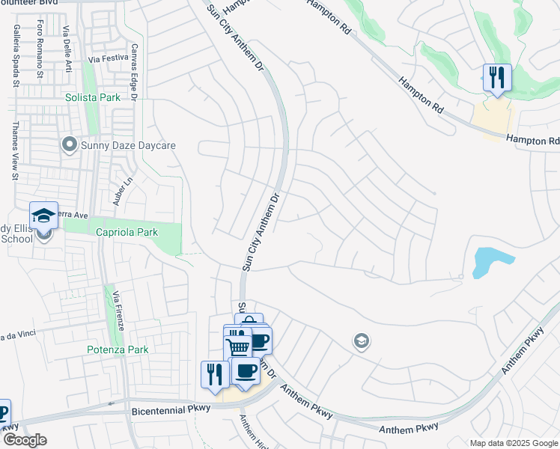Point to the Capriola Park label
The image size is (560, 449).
pyautogui.click(x=127, y=232)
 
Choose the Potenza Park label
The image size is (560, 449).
pyautogui.click(x=116, y=349)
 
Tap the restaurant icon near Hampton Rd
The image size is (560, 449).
pyautogui.click(x=497, y=78)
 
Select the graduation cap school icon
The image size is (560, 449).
pyautogui.click(x=43, y=216)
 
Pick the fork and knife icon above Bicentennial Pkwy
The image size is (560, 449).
pyautogui.click(x=215, y=373)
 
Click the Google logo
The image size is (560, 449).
pyautogui.click(x=25, y=439)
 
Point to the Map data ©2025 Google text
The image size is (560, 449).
pyautogui.click(x=513, y=443)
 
